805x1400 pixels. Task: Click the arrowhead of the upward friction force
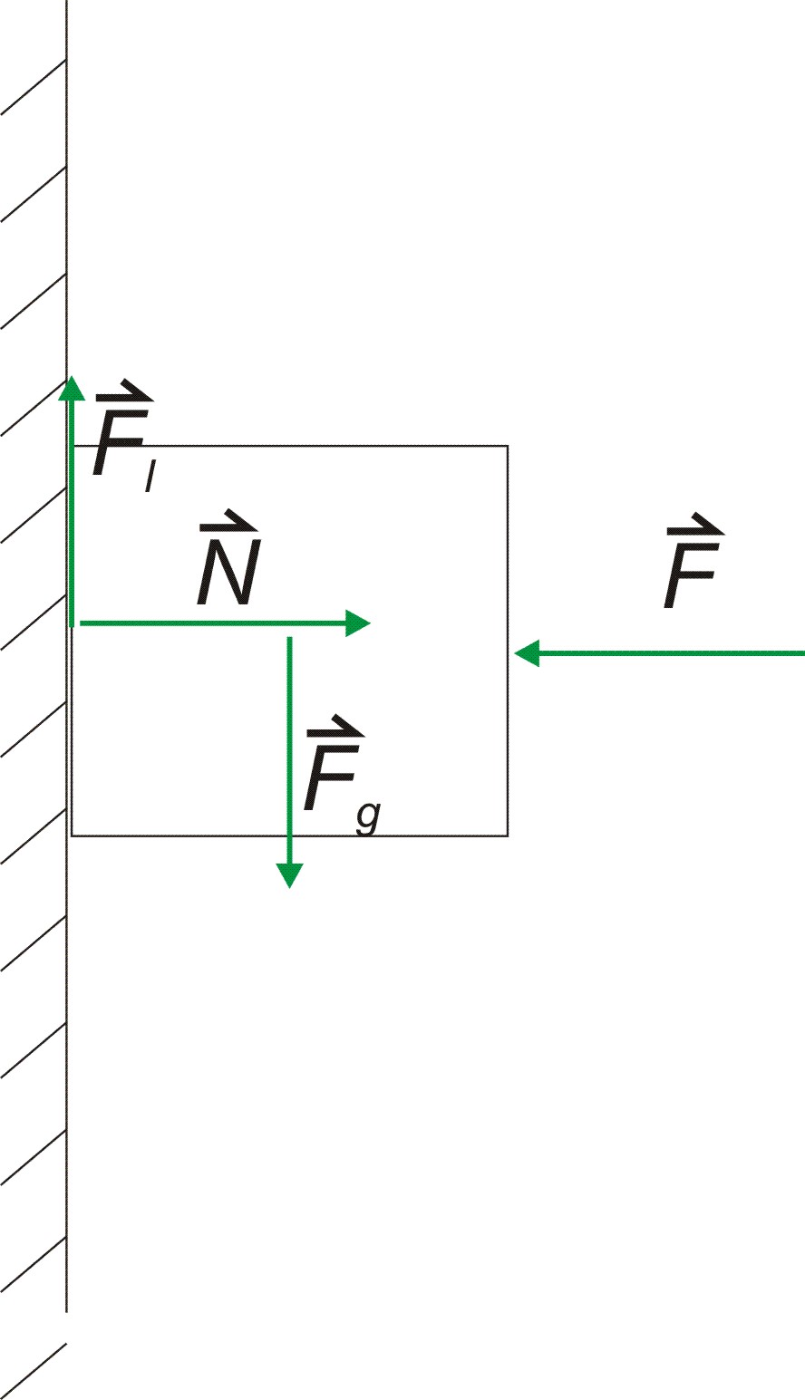71,388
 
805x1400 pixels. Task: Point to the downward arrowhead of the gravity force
289,875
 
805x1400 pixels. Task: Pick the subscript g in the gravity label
367,816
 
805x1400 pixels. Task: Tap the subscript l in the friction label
147,478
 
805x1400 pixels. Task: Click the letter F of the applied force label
691,576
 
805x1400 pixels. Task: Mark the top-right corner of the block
508,446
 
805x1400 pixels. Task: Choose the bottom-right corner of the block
508,835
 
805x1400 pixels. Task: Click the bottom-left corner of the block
73,835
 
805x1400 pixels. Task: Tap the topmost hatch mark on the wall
34,87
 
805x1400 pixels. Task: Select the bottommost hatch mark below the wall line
34,1370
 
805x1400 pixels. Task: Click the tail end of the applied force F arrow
801,652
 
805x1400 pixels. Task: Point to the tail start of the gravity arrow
289,640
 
